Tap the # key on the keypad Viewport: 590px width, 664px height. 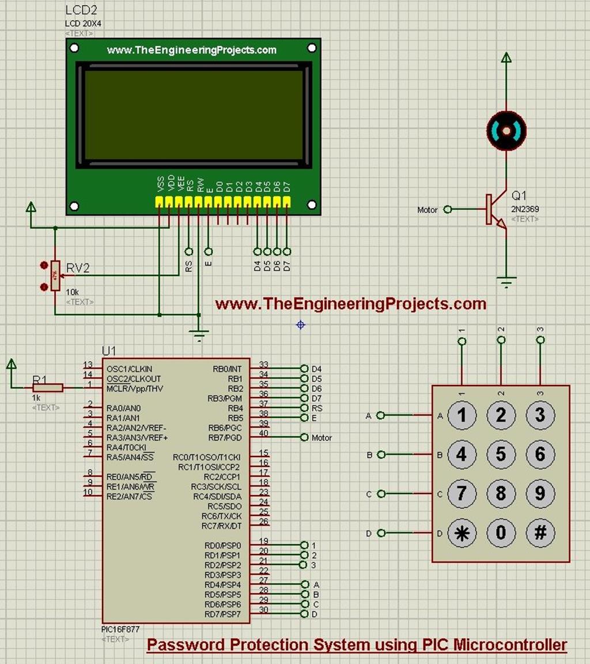click(x=540, y=533)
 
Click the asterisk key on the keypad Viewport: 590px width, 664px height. click(x=462, y=533)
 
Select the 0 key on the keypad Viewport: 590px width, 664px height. click(x=501, y=533)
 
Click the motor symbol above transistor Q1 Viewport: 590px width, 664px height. click(x=506, y=131)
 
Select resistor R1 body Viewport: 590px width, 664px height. click(x=48, y=388)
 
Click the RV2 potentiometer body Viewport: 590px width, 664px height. click(x=55, y=276)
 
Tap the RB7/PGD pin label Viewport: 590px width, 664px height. click(x=228, y=437)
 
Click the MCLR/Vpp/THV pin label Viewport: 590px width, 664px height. click(x=134, y=388)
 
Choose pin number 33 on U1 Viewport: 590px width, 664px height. click(x=263, y=364)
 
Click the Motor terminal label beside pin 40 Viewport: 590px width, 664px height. click(x=322, y=438)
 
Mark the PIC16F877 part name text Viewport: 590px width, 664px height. click(x=120, y=630)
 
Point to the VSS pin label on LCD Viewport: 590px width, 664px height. click(x=160, y=184)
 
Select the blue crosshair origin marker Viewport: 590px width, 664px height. click(x=300, y=325)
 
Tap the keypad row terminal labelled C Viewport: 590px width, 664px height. click(x=369, y=495)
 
